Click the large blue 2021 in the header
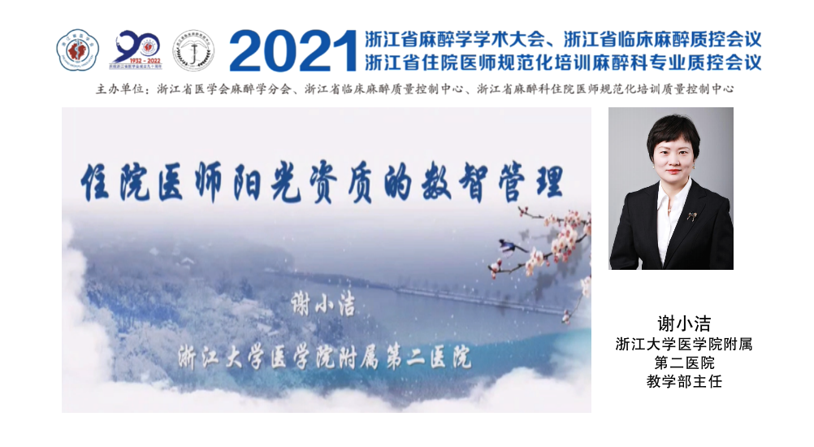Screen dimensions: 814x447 click(293, 50)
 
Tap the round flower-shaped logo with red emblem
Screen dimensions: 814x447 click(77, 50)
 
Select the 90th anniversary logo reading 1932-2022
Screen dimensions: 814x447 click(136, 50)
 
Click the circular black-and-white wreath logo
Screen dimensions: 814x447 click(193, 50)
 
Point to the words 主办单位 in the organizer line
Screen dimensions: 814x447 click(119, 89)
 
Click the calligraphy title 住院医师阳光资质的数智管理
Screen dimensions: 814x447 click(323, 182)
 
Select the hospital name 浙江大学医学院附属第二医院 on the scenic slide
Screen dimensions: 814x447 click(325, 357)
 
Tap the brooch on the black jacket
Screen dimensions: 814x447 click(692, 215)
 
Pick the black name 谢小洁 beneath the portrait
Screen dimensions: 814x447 click(684, 323)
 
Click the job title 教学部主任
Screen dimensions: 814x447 click(684, 382)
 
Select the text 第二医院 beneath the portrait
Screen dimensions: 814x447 click(684, 362)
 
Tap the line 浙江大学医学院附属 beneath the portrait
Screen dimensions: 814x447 click(684, 344)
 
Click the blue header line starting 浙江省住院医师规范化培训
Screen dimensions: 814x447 click(563, 63)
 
